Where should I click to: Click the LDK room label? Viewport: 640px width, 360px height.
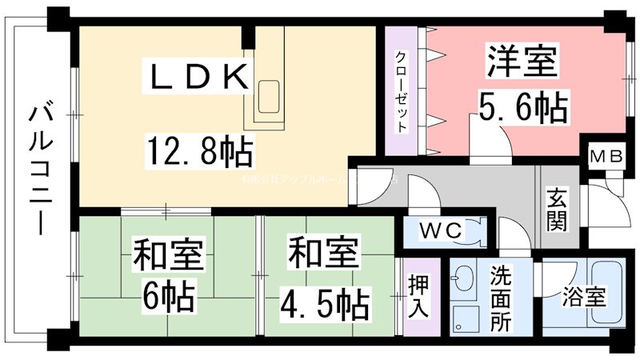point(197,78)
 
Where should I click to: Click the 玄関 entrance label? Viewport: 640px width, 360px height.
point(557,209)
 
